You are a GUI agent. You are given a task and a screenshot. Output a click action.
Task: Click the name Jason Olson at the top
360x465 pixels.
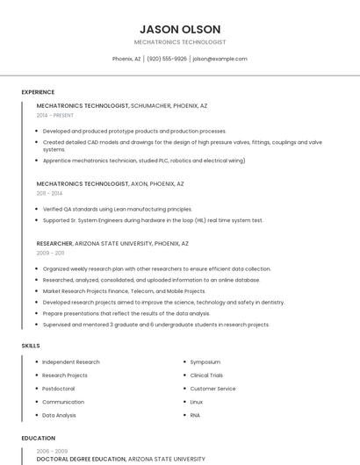180,29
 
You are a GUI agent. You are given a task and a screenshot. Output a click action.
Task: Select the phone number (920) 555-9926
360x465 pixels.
167,59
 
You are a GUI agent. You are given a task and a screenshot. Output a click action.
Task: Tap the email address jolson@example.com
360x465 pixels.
220,59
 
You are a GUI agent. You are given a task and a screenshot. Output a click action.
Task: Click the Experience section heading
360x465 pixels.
38,92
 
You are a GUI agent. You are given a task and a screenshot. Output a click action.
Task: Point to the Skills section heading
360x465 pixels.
31,346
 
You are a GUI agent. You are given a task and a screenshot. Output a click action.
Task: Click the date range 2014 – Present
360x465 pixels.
55,115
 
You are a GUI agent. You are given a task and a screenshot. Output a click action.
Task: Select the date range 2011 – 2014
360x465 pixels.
49,193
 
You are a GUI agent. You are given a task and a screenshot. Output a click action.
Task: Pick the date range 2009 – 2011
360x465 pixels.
50,253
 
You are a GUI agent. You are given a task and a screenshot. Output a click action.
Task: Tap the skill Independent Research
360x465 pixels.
71,361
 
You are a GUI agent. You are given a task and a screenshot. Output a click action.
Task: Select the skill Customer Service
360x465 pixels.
213,388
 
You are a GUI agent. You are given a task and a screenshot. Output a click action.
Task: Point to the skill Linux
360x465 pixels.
197,401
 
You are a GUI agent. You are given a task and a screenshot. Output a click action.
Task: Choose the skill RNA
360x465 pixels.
196,414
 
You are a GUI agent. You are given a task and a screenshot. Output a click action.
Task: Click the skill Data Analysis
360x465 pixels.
60,414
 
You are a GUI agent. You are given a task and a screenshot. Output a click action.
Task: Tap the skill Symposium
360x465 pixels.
205,361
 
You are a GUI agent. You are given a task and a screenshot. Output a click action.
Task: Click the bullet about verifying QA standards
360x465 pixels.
117,209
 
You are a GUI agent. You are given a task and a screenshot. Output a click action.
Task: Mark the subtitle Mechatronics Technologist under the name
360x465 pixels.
180,42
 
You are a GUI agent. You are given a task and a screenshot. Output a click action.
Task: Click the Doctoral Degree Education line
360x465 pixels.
82,459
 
